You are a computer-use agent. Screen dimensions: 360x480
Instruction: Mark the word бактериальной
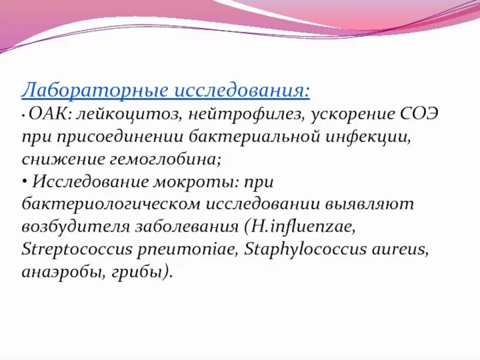click(251, 137)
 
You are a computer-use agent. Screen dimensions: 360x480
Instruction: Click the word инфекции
click(367, 137)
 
